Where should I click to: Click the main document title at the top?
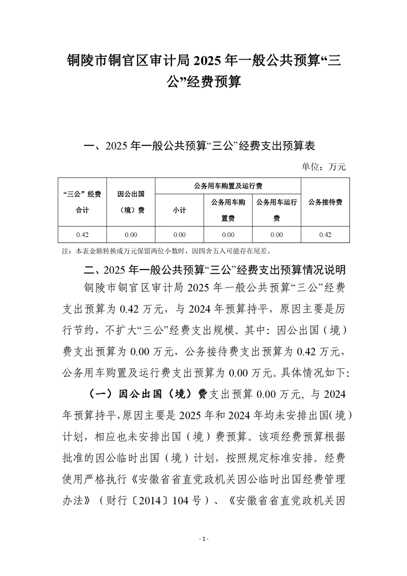coord(204,71)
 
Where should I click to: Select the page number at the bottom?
coord(204,539)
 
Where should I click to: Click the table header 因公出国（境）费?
coord(131,202)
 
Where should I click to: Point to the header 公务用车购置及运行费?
coord(228,185)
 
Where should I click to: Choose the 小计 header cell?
coord(179,210)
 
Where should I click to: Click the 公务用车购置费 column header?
coord(228,210)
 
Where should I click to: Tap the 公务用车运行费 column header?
coord(277,210)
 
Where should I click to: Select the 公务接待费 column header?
coord(325,202)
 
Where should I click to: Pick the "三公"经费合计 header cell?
coord(82,202)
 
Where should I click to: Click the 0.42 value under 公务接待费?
coord(325,235)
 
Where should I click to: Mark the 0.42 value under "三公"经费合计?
coord(82,235)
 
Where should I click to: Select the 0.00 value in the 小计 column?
coord(179,235)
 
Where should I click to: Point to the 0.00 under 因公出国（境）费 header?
coord(131,235)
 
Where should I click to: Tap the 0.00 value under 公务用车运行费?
coord(277,235)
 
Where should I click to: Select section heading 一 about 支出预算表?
coord(199,146)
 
